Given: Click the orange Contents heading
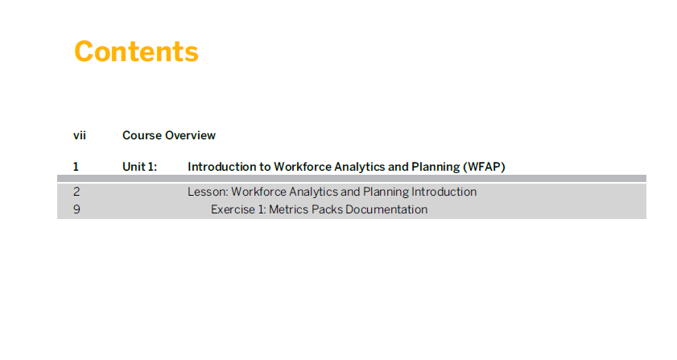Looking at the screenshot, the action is (136, 52).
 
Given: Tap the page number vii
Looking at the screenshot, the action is (80, 135).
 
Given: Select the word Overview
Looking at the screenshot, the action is (190, 135).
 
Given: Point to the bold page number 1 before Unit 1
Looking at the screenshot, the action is (76, 167).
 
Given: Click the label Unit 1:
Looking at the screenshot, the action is (139, 167).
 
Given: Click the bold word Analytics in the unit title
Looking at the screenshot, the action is (360, 167).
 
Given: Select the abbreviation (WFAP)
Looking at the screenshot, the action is (484, 167).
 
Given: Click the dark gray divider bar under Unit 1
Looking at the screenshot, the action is (352, 179).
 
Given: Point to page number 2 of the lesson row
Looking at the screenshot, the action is (76, 192).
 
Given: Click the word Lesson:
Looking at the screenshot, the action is (208, 192).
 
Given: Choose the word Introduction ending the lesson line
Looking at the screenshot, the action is (444, 192).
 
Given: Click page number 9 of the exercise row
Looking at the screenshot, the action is (76, 209).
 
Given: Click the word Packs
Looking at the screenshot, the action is (327, 209).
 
